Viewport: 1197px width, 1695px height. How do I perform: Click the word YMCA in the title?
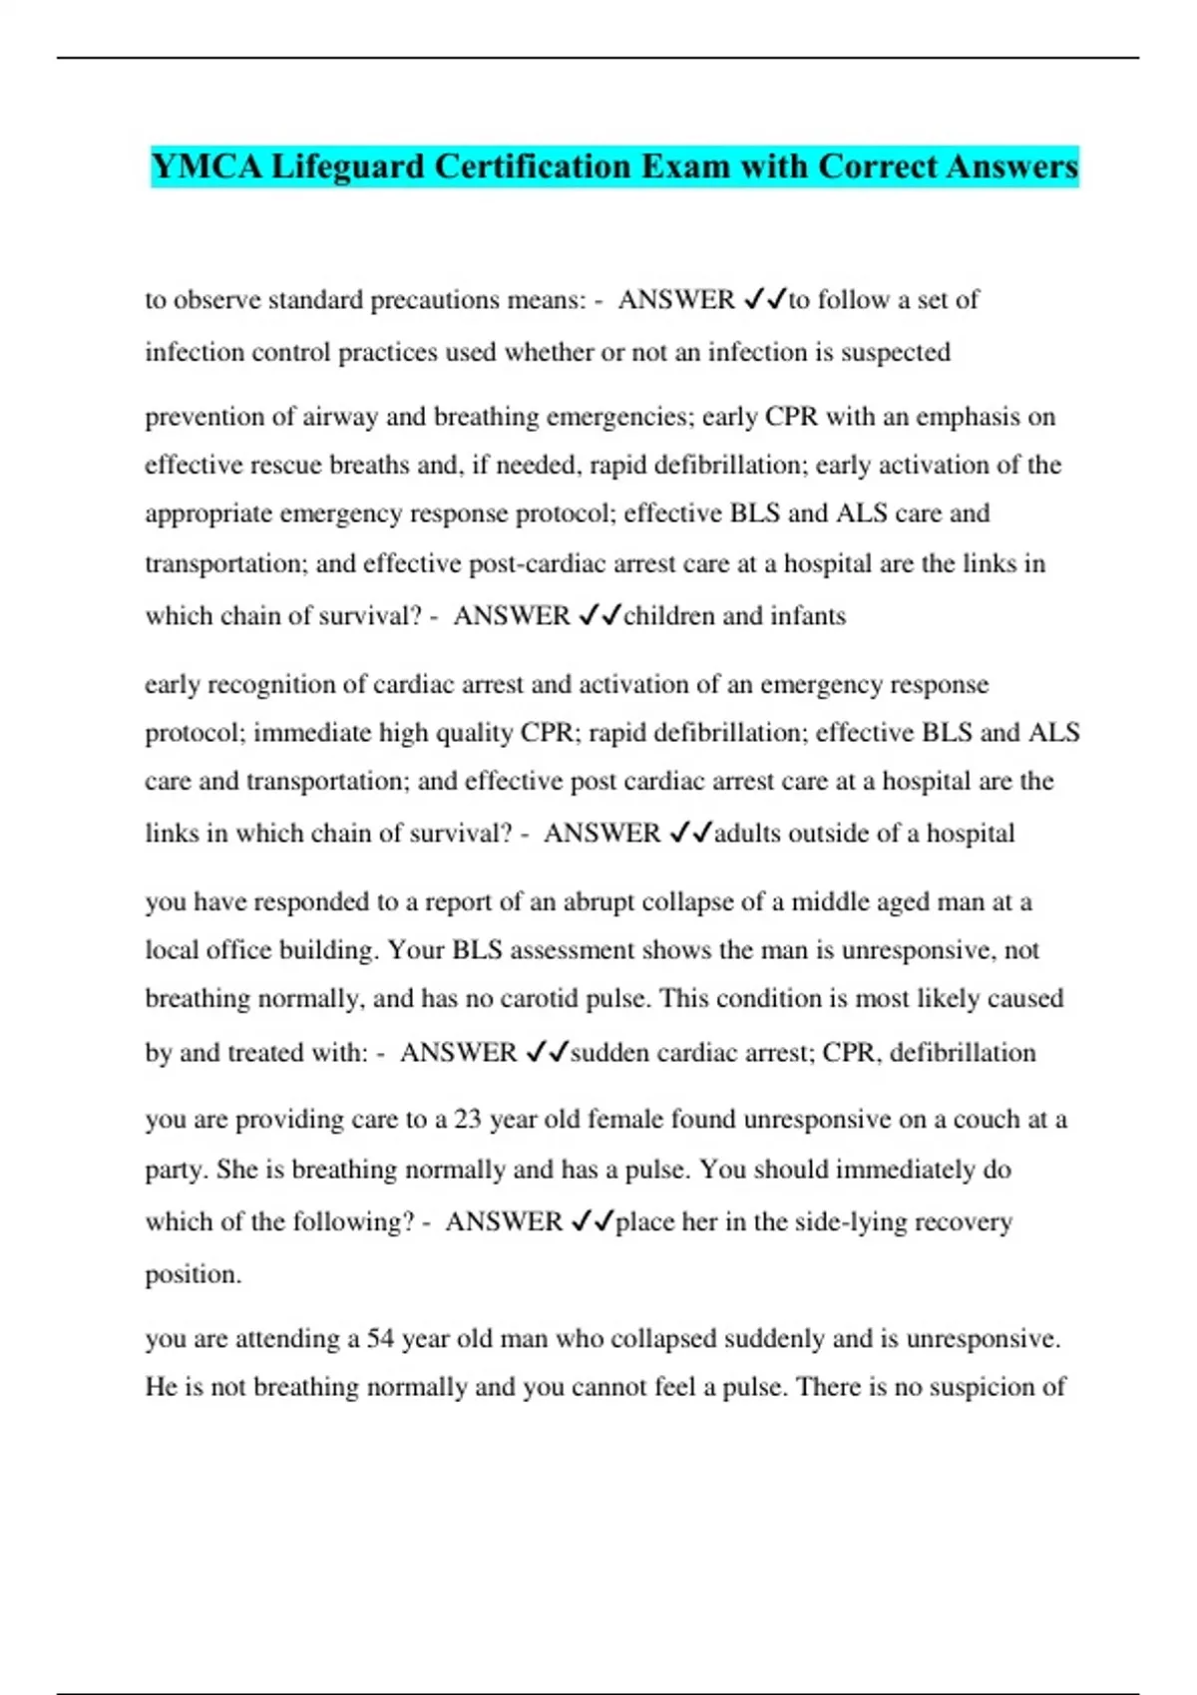pyautogui.click(x=207, y=167)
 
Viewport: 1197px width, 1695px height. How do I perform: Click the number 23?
pyautogui.click(x=468, y=1120)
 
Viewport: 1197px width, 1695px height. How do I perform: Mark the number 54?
pyautogui.click(x=381, y=1339)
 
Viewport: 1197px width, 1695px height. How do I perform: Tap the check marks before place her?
pyautogui.click(x=592, y=1222)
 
